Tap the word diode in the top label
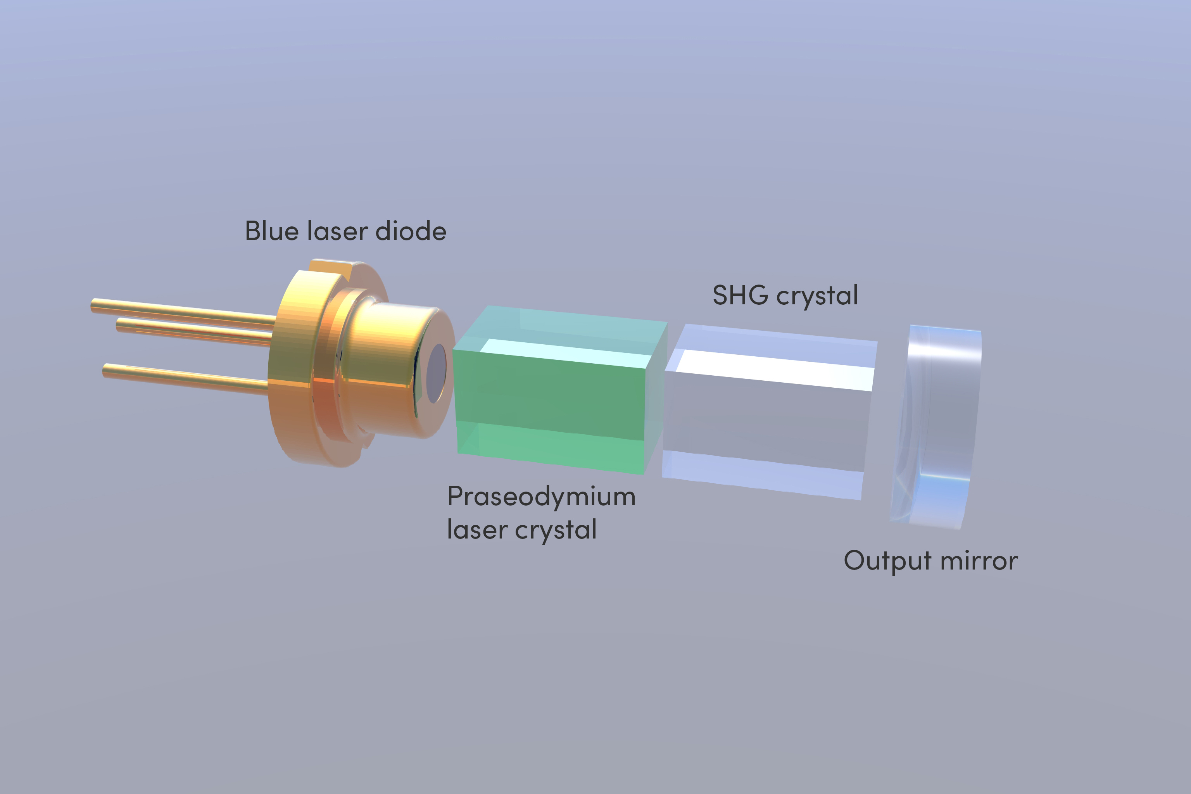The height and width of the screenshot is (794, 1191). [x=411, y=231]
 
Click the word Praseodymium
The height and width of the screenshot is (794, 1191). [x=541, y=497]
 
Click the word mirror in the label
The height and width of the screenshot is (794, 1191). [x=979, y=561]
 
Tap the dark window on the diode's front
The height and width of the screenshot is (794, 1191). [x=437, y=374]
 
